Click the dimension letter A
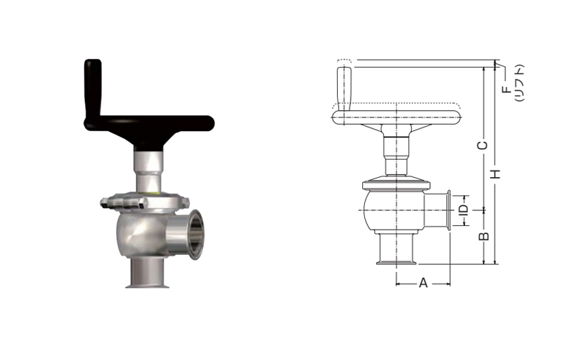(423, 283)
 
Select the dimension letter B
(485, 236)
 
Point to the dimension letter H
(496, 174)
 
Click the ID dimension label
(464, 210)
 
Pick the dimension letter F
(507, 89)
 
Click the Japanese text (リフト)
(519, 83)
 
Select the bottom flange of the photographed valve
(148, 285)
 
